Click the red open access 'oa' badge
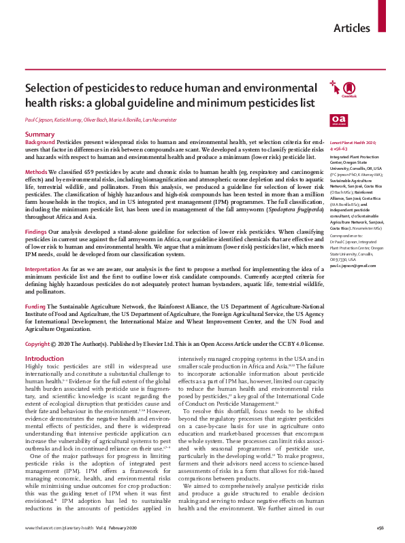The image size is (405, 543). (338, 120)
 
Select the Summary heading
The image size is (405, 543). (39, 135)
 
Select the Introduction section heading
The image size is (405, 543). (44, 358)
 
